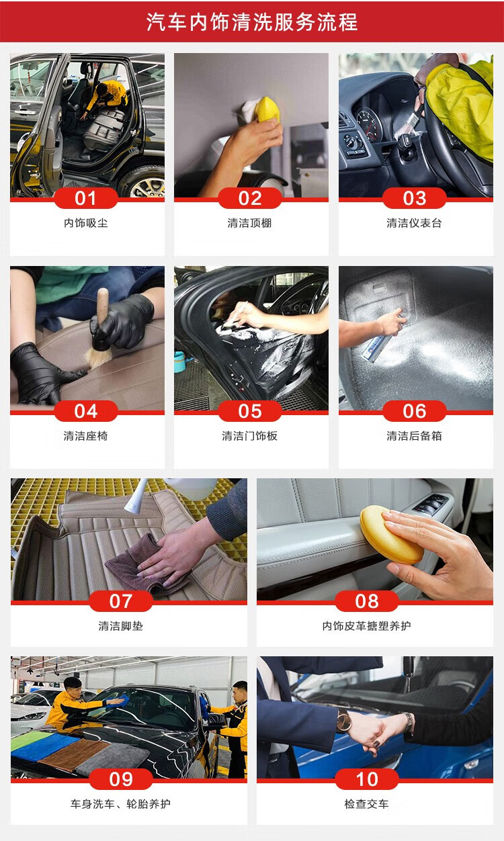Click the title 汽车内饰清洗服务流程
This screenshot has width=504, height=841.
251,21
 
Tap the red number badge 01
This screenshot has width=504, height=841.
85,198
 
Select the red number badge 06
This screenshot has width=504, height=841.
415,411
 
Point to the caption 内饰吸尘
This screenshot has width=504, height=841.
85,223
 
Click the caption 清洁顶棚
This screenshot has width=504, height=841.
249,223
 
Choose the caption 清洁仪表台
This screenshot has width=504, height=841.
414,223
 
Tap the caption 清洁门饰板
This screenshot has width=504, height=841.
250,436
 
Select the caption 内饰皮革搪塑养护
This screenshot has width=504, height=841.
366,626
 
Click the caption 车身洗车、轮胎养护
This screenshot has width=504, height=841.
120,804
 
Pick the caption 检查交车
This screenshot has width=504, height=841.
366,804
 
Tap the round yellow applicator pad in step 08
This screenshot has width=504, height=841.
390,534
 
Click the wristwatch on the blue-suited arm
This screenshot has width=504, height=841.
343,721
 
